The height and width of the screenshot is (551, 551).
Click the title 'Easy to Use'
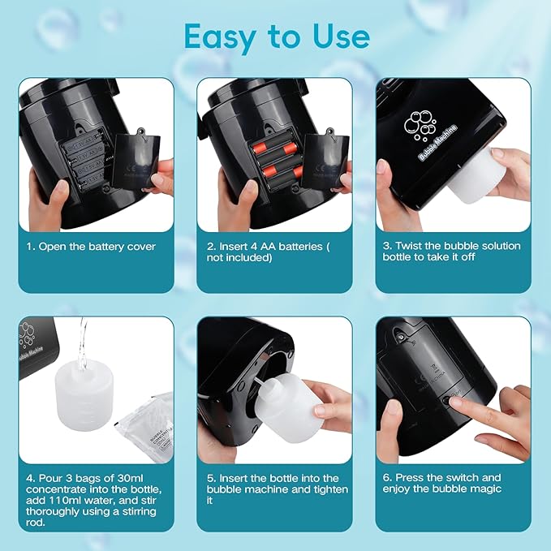click(277, 37)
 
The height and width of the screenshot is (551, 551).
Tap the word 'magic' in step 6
click(484, 489)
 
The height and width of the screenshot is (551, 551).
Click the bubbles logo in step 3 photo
click(420, 124)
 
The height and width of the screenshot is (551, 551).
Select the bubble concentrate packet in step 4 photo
click(146, 426)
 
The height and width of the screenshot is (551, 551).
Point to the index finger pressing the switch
click(471, 403)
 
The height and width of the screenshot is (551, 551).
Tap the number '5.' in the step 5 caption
click(211, 478)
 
